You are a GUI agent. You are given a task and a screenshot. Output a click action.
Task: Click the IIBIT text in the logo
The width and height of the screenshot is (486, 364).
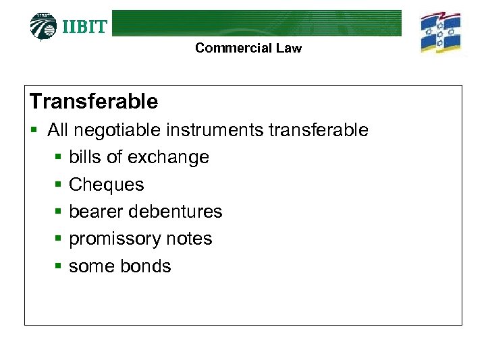click(x=84, y=27)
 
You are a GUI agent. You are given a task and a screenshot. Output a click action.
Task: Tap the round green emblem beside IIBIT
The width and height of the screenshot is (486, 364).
click(x=44, y=26)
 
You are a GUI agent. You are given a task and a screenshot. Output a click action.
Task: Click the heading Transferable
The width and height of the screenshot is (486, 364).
click(x=94, y=102)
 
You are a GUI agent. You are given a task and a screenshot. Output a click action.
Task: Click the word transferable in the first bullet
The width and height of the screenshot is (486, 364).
click(x=319, y=130)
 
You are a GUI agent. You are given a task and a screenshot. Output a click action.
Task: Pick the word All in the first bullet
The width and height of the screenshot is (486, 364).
click(x=59, y=130)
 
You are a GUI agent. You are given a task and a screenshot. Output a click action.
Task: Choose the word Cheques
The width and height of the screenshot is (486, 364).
click(x=107, y=185)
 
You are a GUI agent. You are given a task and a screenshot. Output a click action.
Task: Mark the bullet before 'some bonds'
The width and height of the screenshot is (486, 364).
click(x=58, y=267)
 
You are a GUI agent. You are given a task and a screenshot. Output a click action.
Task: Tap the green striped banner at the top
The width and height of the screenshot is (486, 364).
click(x=256, y=22)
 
